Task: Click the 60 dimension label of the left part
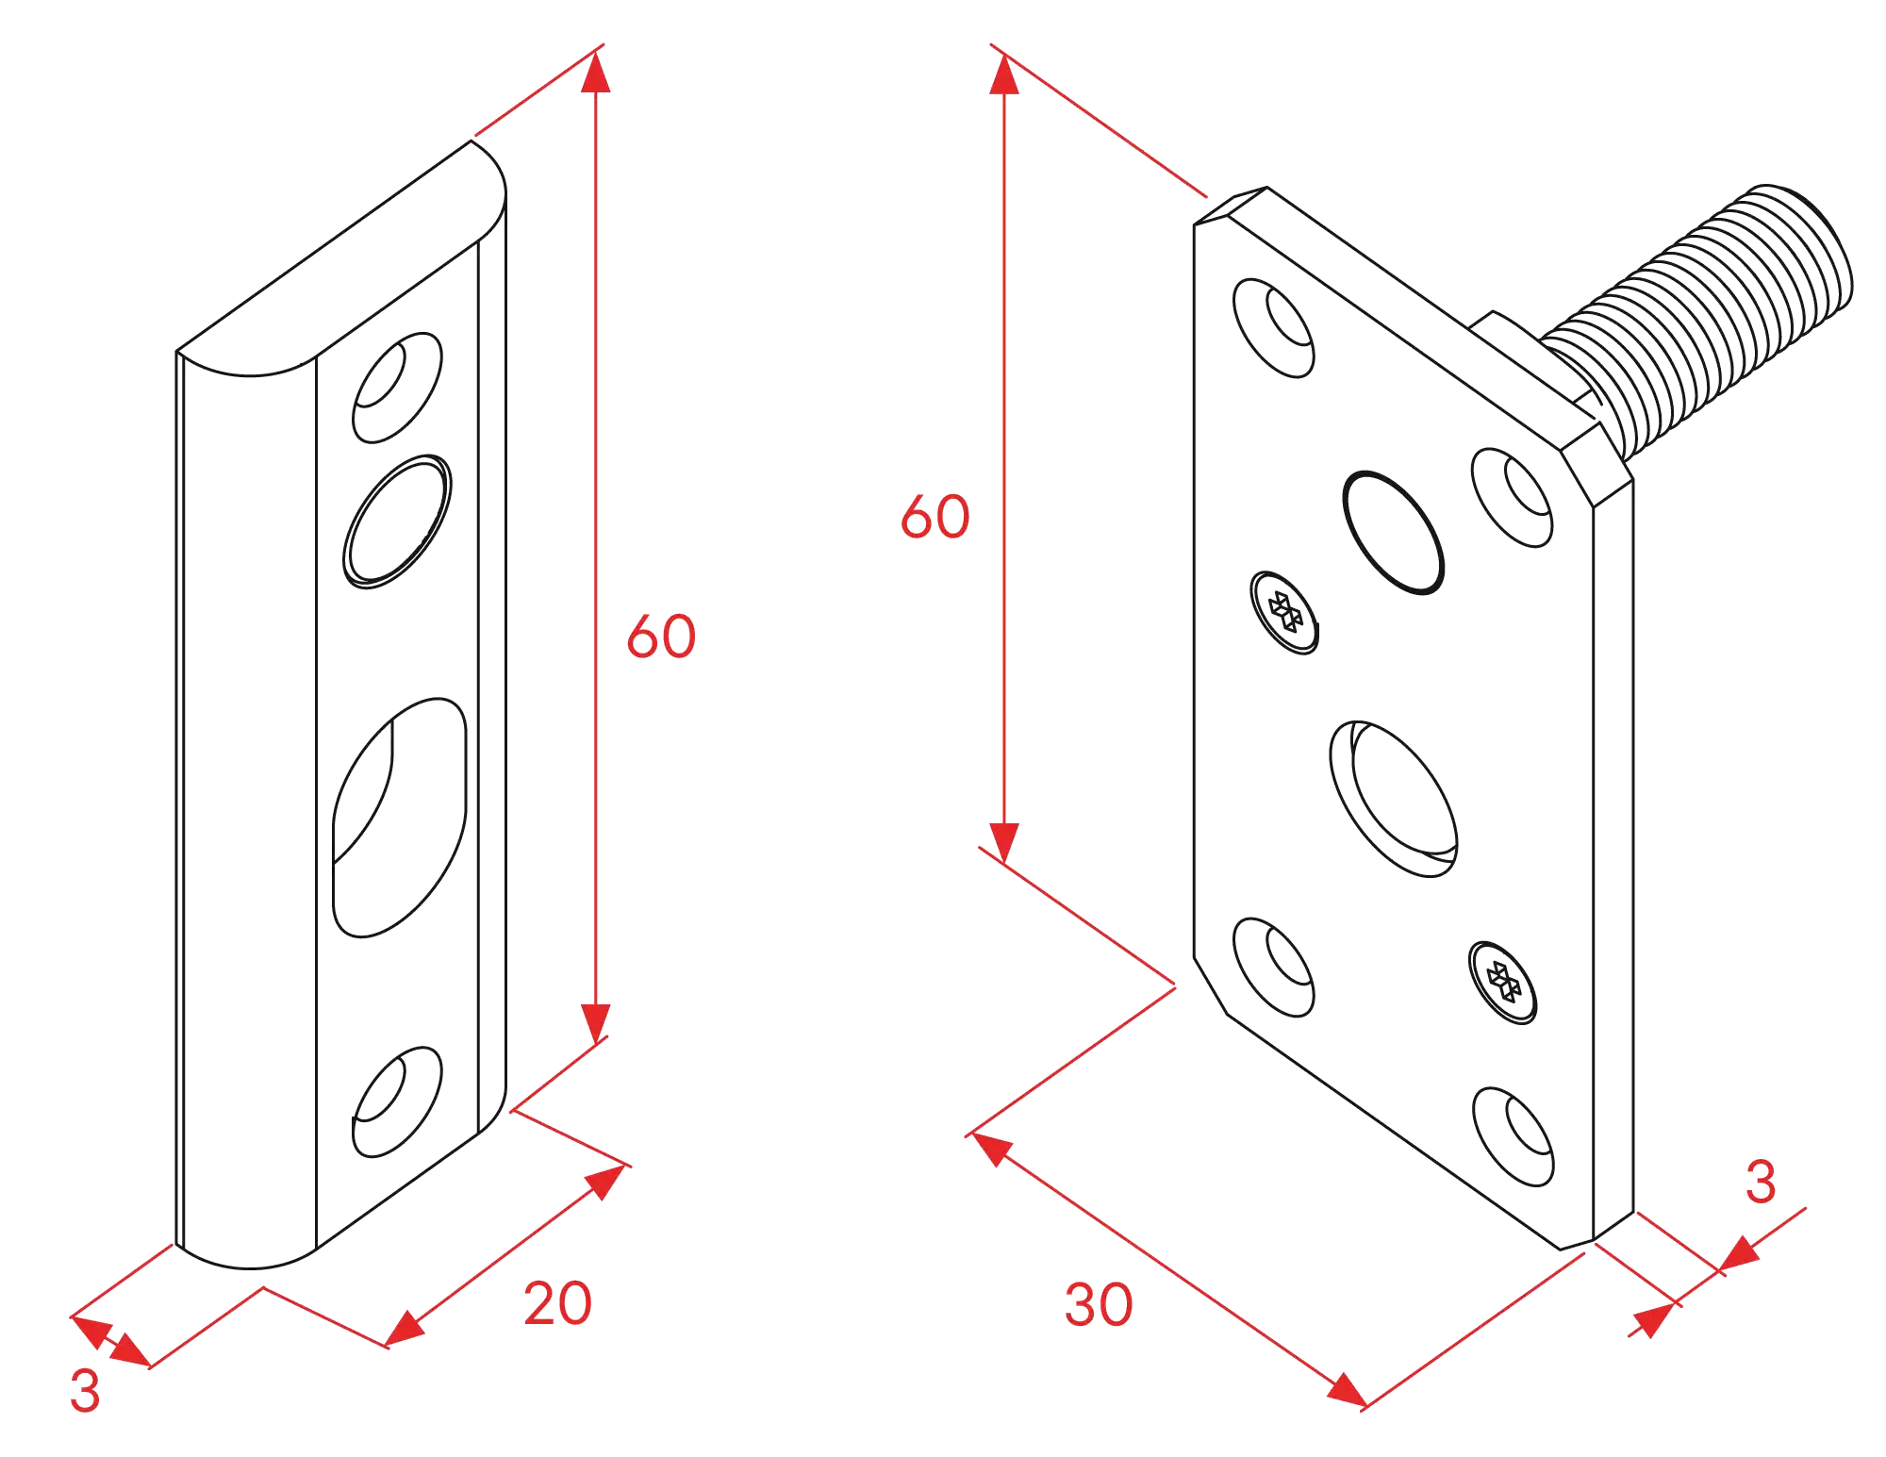661,636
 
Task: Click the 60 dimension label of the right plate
935,516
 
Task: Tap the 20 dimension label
557,1303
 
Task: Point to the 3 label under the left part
85,1390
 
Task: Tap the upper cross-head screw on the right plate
1284,612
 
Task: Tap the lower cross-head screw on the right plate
1503,982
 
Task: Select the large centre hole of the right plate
1394,799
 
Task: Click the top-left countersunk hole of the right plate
1274,328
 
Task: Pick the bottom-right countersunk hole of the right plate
1513,1136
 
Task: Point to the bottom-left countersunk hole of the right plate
1274,967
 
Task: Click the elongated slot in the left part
400,818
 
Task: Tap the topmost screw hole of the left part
397,388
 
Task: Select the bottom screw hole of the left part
397,1101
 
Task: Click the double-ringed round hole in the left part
397,522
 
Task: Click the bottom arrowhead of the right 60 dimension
1004,842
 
